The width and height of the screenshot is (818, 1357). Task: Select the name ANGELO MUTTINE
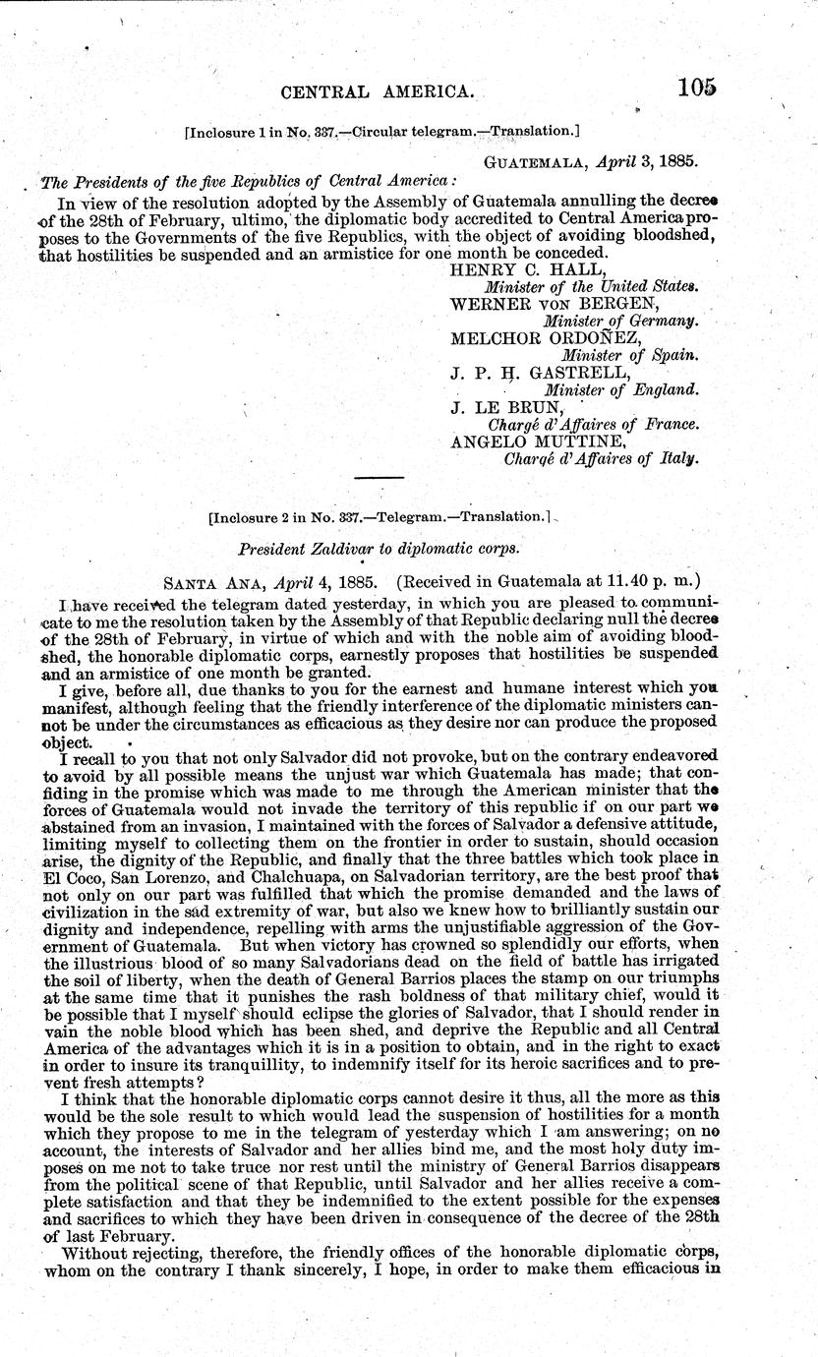coord(536,442)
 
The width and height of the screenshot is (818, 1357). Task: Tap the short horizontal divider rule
coord(379,477)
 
